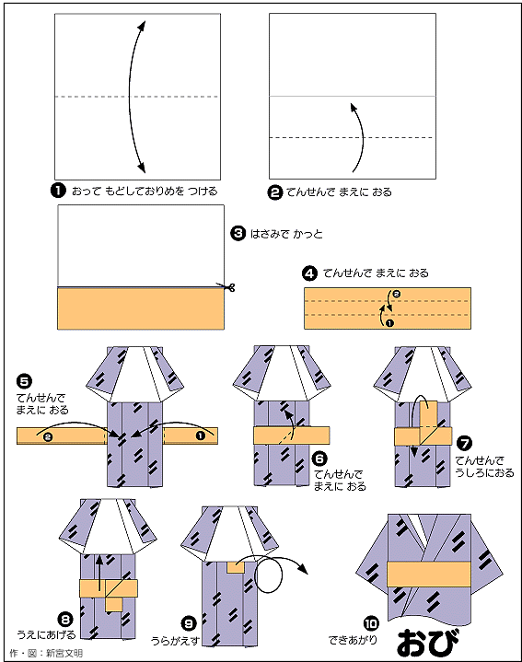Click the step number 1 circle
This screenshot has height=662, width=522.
pyautogui.click(x=58, y=191)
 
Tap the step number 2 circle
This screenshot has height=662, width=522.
pyautogui.click(x=274, y=192)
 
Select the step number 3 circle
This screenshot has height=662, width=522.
pyautogui.click(x=238, y=233)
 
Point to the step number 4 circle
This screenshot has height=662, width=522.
pyautogui.click(x=309, y=273)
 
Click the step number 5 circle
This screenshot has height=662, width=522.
pyautogui.click(x=24, y=381)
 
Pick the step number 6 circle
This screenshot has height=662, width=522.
pyautogui.click(x=319, y=459)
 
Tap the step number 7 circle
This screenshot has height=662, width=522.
pyautogui.click(x=465, y=443)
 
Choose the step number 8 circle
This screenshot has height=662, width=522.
pyautogui.click(x=65, y=620)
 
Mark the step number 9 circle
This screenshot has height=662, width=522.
pyautogui.click(x=189, y=623)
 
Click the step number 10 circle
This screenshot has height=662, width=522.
pyautogui.click(x=371, y=623)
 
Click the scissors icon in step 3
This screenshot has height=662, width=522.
pyautogui.click(x=227, y=287)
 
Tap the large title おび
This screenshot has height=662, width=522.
pyautogui.click(x=427, y=642)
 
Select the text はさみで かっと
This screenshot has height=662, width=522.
pyautogui.click(x=286, y=234)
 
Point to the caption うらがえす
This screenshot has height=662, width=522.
pyautogui.click(x=175, y=641)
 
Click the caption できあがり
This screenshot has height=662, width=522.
pyautogui.click(x=353, y=640)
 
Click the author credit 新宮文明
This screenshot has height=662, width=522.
pyautogui.click(x=64, y=654)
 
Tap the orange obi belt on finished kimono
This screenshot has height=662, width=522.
pyautogui.click(x=429, y=574)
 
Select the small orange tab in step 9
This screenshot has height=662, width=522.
pyautogui.click(x=236, y=567)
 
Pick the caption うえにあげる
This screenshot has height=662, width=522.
pyautogui.click(x=46, y=635)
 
